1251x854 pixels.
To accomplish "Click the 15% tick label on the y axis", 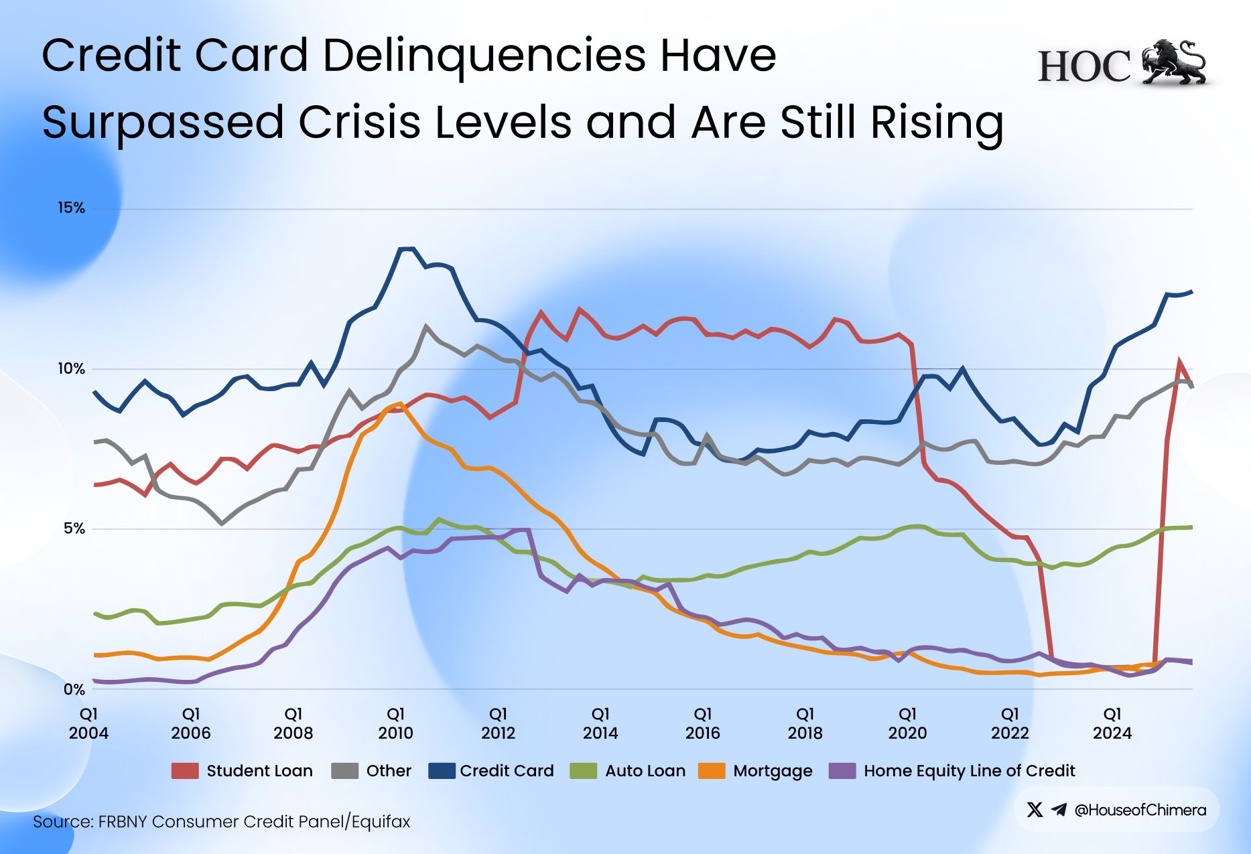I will [x=71, y=208].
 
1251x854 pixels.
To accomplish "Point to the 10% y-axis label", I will [x=71, y=368].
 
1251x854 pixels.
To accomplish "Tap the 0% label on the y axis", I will [x=74, y=689].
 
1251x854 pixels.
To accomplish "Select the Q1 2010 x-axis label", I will [x=395, y=723].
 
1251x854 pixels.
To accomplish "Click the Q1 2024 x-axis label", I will [x=1112, y=723].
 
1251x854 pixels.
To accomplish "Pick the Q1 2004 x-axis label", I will [x=88, y=723].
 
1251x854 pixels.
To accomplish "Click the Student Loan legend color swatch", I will [x=185, y=771].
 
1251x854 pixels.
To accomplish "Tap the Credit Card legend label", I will [x=507, y=771].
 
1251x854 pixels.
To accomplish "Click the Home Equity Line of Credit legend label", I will [x=969, y=771].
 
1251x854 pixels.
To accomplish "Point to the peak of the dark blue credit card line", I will [x=407, y=248].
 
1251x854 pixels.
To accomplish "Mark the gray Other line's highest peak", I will [x=426, y=326].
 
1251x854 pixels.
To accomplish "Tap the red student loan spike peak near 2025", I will [x=1179, y=362].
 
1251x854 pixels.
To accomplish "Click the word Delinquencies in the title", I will [x=484, y=55].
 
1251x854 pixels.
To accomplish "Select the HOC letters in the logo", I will [x=1084, y=67].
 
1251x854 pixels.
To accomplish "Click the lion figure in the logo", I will [x=1173, y=62].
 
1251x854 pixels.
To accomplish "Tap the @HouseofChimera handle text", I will [x=1140, y=810].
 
